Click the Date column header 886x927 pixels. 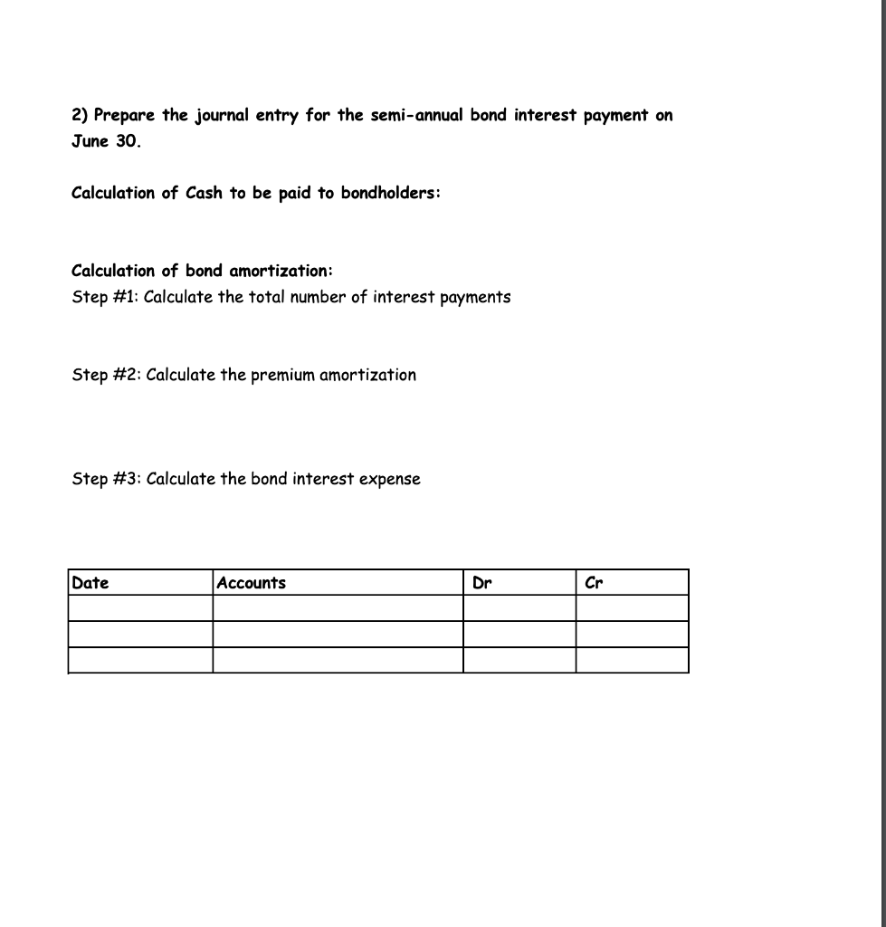pyautogui.click(x=90, y=583)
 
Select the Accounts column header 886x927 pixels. pyautogui.click(x=252, y=583)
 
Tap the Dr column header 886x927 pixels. pyautogui.click(x=481, y=583)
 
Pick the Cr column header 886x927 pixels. pyautogui.click(x=595, y=583)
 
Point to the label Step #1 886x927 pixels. pyautogui.click(x=104, y=297)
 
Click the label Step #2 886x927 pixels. pyautogui.click(x=105, y=375)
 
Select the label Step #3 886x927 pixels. pyautogui.click(x=105, y=479)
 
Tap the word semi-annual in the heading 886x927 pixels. pyautogui.click(x=414, y=115)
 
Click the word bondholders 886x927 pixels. pyautogui.click(x=390, y=193)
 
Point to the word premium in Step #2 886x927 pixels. pyautogui.click(x=283, y=375)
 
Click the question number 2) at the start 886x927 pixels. pyautogui.click(x=80, y=116)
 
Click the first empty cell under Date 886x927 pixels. pyautogui.click(x=140, y=607)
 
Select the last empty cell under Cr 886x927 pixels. pyautogui.click(x=632, y=660)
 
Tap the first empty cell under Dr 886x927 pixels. pyautogui.click(x=519, y=607)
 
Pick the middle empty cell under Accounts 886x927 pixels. pyautogui.click(x=338, y=634)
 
